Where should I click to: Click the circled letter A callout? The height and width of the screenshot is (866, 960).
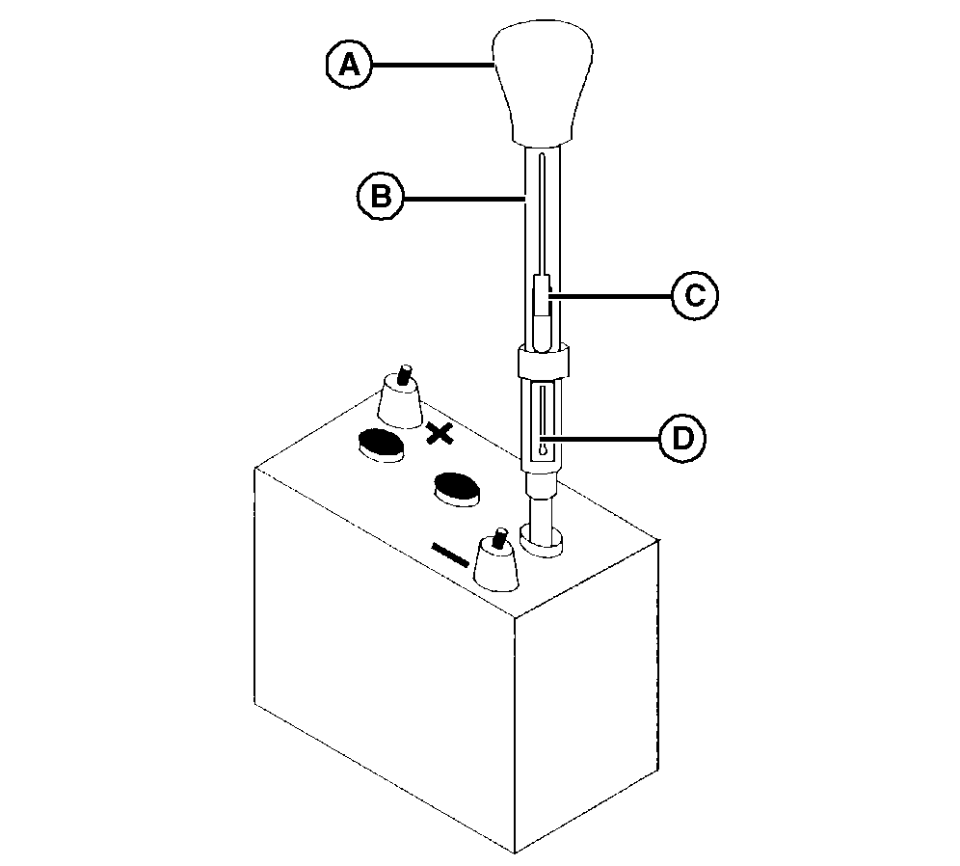(349, 65)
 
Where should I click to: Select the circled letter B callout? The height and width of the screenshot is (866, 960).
(381, 197)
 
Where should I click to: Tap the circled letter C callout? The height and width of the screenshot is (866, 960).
(695, 295)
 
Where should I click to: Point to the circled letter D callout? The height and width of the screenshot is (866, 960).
(682, 439)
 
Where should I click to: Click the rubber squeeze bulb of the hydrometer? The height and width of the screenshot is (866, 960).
(543, 85)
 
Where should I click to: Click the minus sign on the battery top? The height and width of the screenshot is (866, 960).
(450, 554)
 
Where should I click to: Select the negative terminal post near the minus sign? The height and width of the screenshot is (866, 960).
(497, 559)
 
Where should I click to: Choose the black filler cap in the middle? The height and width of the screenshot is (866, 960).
(457, 488)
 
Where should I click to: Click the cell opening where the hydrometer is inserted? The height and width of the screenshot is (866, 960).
(541, 540)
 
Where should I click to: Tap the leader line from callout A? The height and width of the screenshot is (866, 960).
(432, 65)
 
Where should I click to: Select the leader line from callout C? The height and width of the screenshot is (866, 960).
(611, 296)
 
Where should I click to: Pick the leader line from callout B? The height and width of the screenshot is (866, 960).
(465, 198)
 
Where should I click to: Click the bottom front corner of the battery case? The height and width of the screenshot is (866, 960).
(515, 852)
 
